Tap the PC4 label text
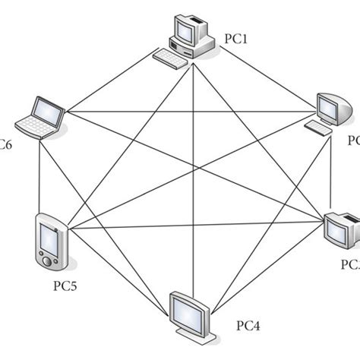coord(247,326)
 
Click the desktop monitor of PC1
coord(187,30)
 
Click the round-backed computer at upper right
coord(335,110)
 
